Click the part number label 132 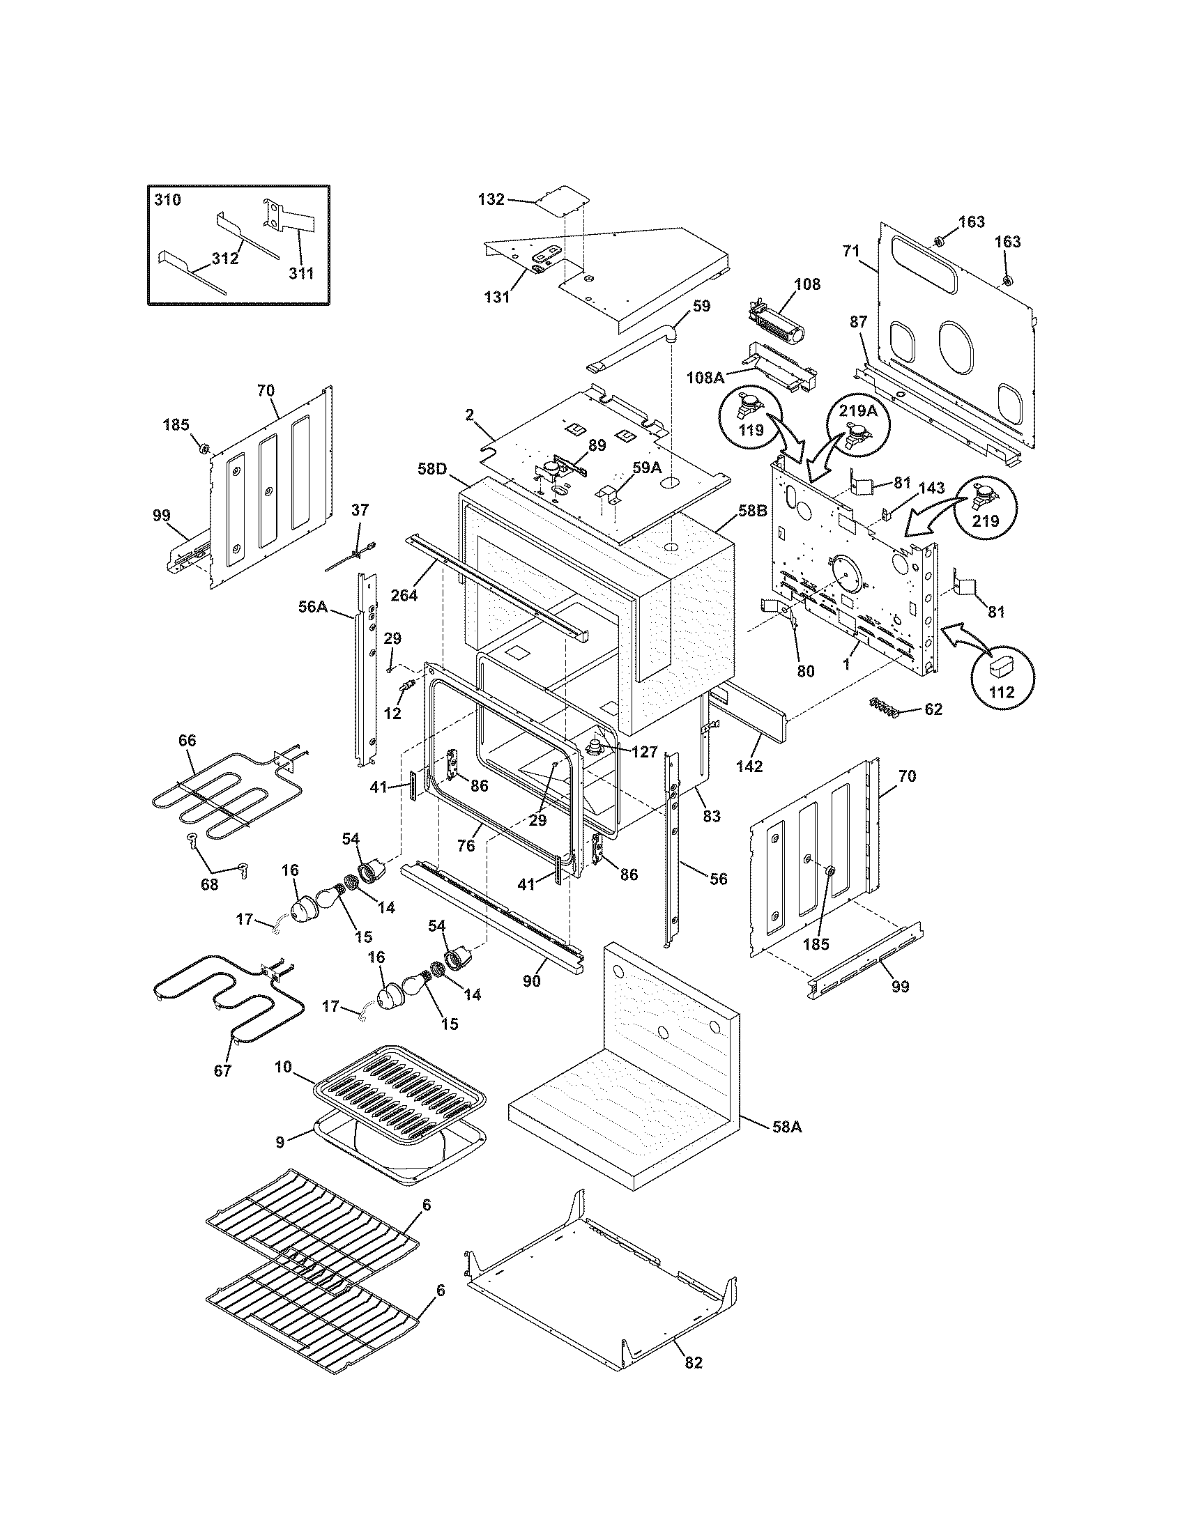click(491, 199)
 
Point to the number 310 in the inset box click(167, 200)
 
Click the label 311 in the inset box click(302, 273)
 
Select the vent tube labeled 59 click(632, 351)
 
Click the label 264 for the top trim click(404, 595)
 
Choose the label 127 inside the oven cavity click(644, 753)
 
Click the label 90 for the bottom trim click(531, 980)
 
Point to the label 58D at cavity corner click(431, 468)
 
